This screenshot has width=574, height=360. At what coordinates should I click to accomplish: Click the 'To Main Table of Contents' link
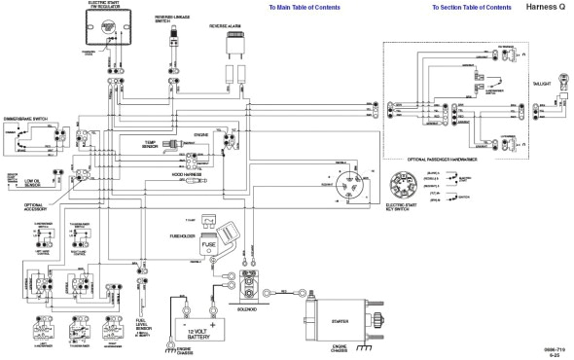coord(305,7)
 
